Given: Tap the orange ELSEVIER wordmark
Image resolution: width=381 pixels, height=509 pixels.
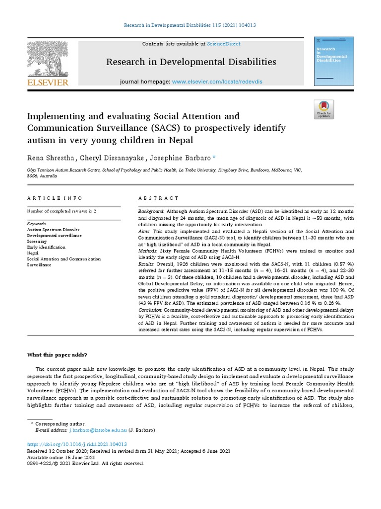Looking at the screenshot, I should coord(47,83).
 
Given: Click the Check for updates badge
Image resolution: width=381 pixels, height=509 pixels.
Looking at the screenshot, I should coord(324,109).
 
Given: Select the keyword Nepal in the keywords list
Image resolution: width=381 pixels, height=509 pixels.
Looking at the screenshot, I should coord(33,253).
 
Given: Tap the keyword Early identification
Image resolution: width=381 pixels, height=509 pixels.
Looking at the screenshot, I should coord(46,247).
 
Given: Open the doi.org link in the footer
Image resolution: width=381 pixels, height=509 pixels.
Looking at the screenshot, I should coord(77,444).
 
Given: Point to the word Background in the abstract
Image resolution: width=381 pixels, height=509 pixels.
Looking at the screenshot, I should coord(151,212).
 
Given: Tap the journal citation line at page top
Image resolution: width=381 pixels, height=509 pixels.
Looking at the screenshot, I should coord(190,25).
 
